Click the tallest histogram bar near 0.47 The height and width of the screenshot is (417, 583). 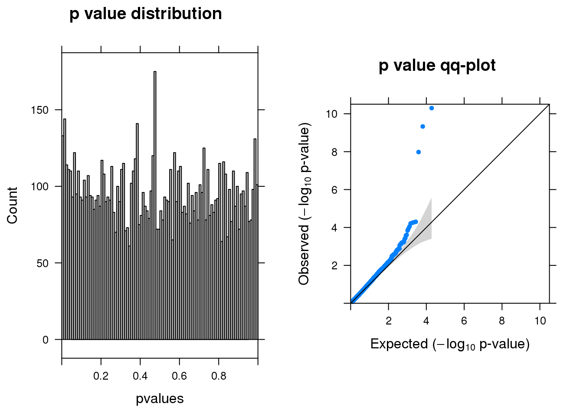tap(155, 204)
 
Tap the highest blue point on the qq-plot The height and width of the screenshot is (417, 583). tap(432, 108)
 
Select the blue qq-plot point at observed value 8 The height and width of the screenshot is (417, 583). tap(419, 152)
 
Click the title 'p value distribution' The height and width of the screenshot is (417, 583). tap(146, 14)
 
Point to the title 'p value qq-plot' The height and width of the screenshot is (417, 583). tap(437, 66)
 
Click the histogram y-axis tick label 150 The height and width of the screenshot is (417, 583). tap(40, 110)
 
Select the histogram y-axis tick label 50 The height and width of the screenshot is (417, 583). tap(43, 263)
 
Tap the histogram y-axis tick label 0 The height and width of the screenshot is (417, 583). tap(46, 340)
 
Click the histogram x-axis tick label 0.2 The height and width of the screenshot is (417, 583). tap(101, 376)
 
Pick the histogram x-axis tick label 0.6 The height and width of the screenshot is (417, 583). tap(179, 376)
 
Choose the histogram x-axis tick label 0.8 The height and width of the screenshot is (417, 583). tap(219, 376)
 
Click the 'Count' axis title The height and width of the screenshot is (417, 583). tap(13, 205)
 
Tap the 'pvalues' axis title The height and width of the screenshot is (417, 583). tap(160, 399)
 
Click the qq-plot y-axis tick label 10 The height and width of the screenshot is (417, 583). tap(332, 114)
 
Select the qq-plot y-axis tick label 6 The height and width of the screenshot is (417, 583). tap(334, 190)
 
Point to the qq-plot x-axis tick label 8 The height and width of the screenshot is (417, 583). tap(502, 321)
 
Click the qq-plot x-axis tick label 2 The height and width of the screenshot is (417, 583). tap(388, 321)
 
